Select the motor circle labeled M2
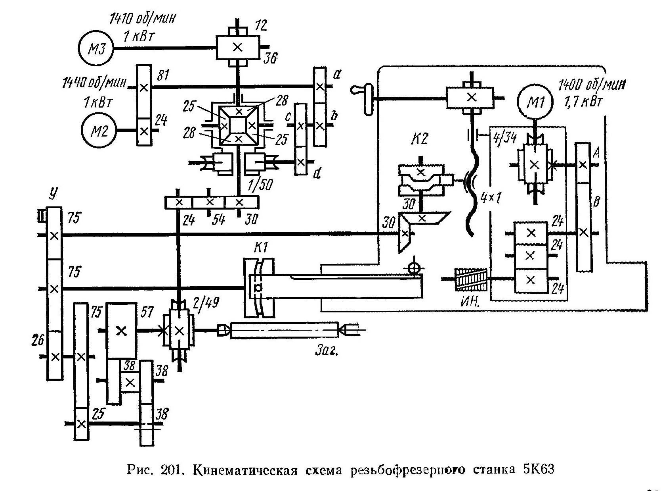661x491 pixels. [x=99, y=131]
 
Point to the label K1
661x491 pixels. [x=260, y=247]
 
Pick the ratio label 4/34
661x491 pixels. [x=504, y=138]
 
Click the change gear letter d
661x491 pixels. [x=316, y=174]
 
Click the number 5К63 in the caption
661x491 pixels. [x=538, y=469]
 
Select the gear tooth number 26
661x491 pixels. [x=38, y=340]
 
